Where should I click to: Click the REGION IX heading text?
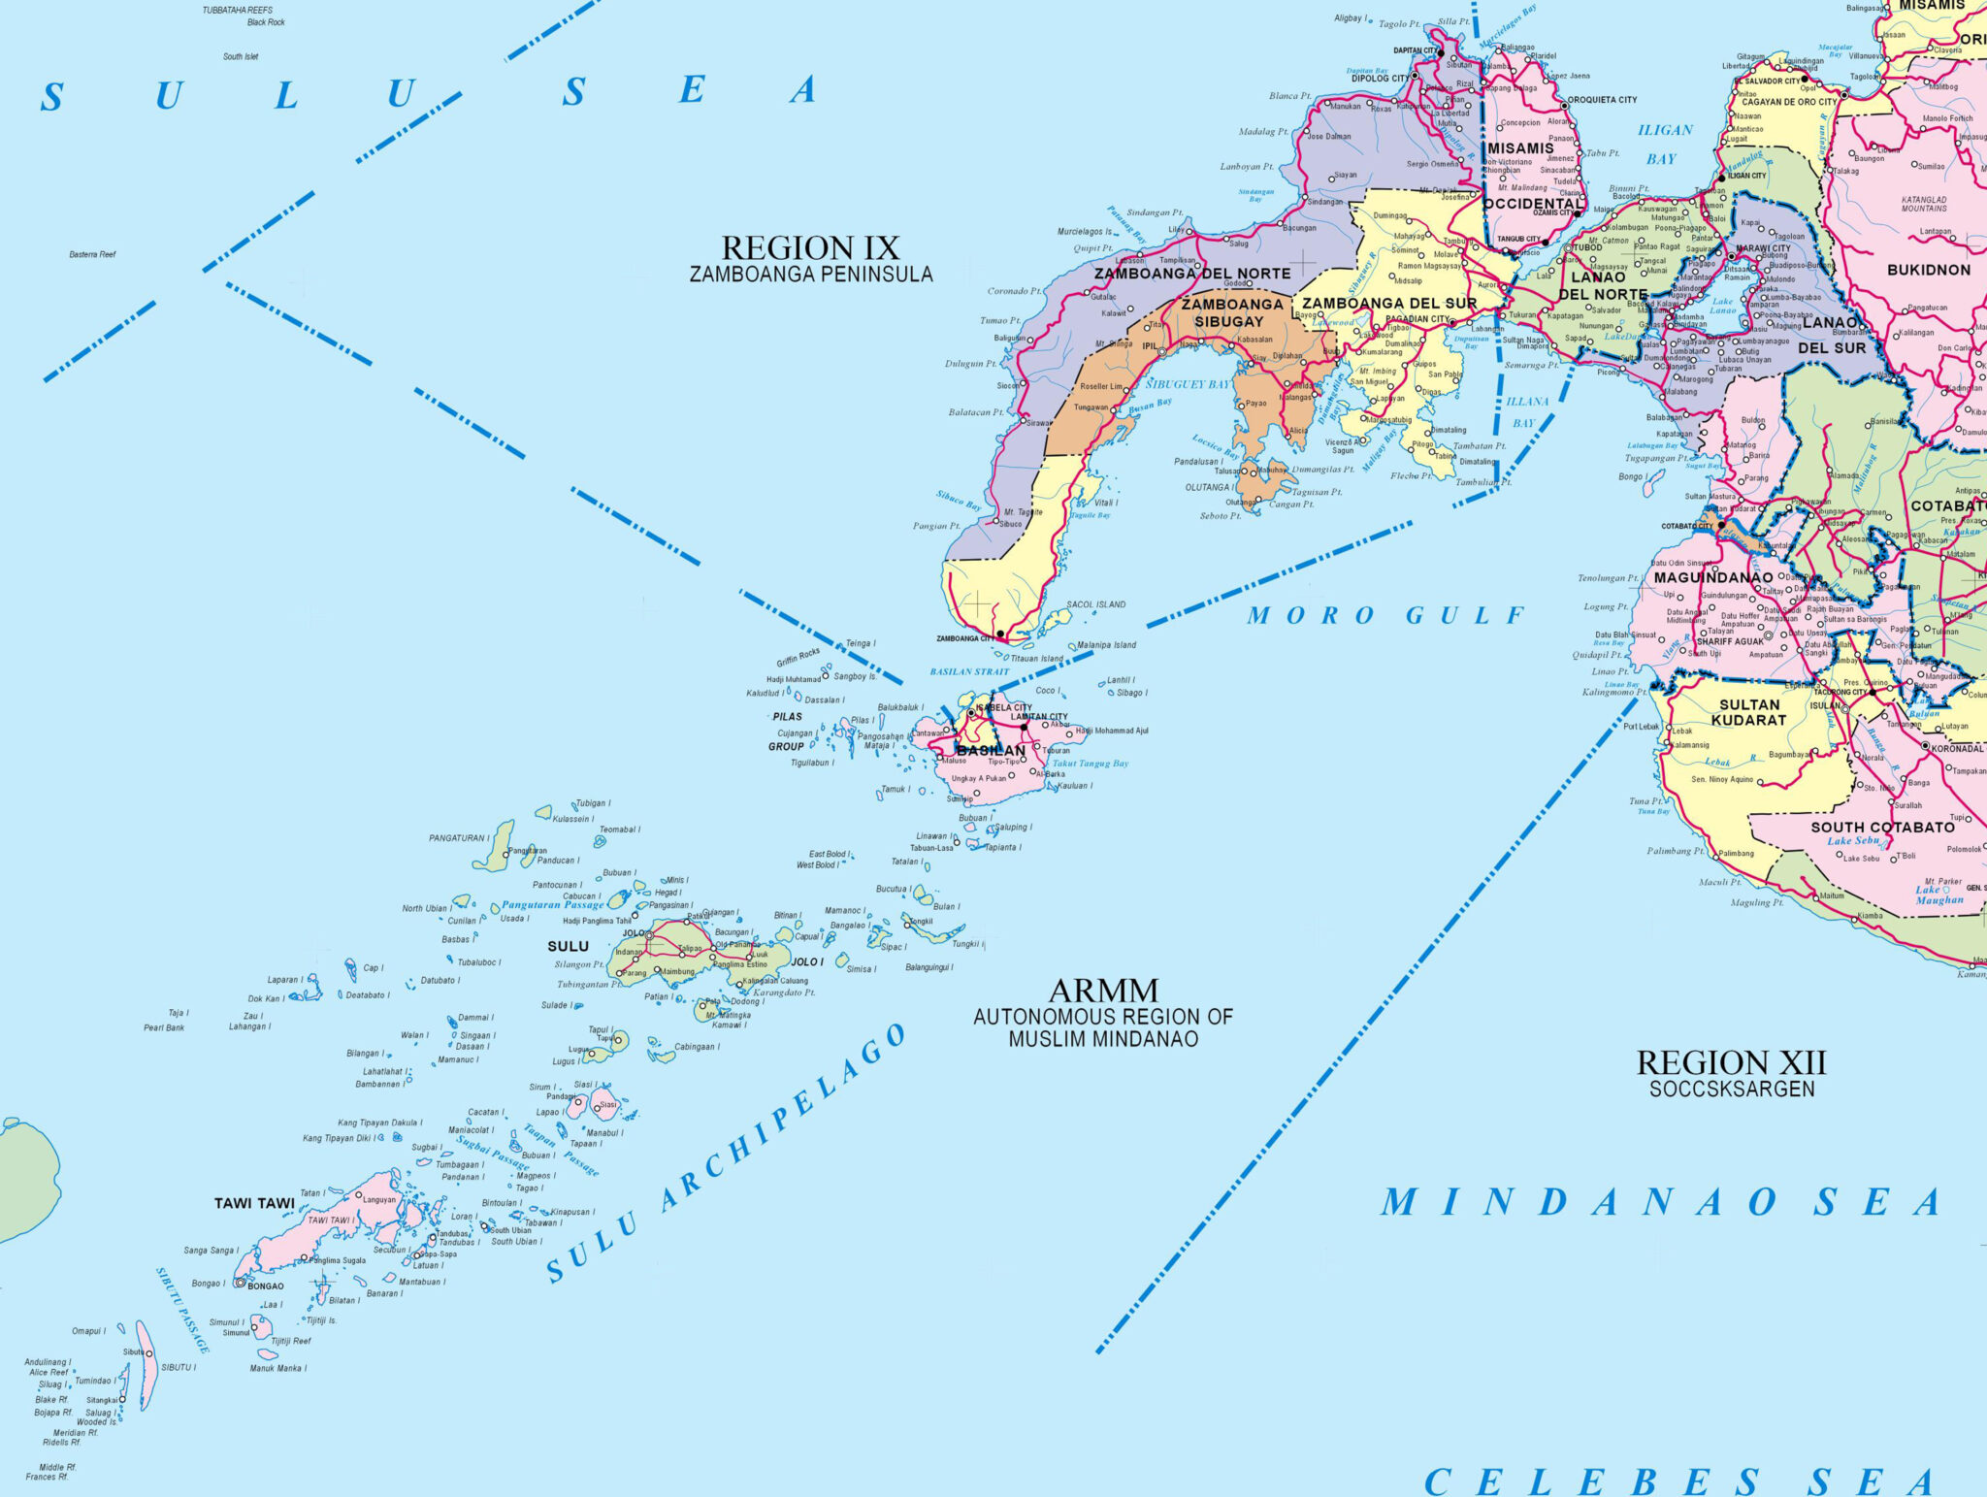click(x=810, y=248)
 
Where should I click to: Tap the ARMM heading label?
click(x=1103, y=991)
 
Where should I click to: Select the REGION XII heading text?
click(x=1731, y=1063)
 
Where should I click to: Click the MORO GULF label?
click(x=1385, y=615)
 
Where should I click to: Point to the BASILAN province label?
click(x=991, y=750)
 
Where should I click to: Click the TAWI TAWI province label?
click(x=254, y=1203)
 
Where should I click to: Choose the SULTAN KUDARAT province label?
click(x=1748, y=712)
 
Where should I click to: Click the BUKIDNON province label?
click(x=1928, y=270)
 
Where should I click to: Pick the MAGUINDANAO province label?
click(x=1713, y=577)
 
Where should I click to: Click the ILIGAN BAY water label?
click(x=1665, y=144)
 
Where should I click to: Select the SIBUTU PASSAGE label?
click(x=182, y=1310)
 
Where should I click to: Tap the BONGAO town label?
click(x=266, y=1286)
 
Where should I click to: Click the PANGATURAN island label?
click(x=456, y=837)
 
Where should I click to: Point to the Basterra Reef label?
click(x=92, y=254)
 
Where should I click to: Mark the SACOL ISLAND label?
click(x=1096, y=604)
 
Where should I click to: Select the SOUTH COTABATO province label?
click(x=1882, y=828)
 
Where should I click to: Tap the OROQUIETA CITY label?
click(x=1602, y=100)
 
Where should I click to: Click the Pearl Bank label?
click(x=164, y=1027)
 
